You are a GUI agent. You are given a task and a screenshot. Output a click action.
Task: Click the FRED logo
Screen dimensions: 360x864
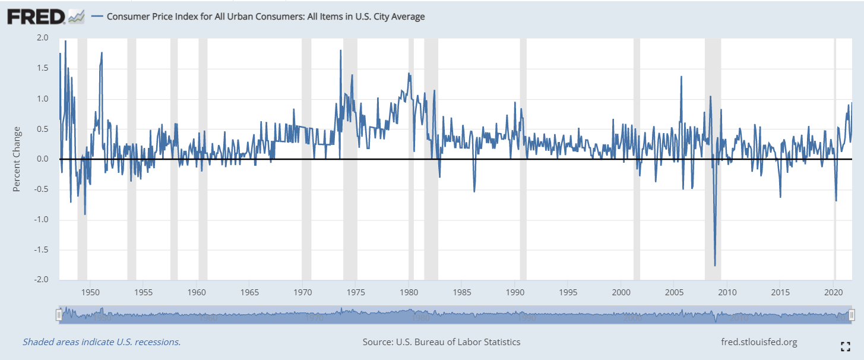pos(36,17)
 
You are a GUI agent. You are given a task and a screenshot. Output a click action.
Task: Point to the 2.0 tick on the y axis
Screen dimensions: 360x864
pos(42,37)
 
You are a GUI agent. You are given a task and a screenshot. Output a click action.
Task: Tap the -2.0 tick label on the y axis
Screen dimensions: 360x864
pos(41,280)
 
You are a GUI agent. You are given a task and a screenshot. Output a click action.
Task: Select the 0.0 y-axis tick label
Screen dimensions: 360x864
pos(42,159)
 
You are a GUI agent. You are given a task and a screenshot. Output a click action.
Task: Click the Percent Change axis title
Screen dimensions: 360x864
pos(17,159)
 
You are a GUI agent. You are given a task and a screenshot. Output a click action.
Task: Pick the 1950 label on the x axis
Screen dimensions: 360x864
pos(90,292)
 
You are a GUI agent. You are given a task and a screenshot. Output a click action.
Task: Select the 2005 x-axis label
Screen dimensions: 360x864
pos(674,292)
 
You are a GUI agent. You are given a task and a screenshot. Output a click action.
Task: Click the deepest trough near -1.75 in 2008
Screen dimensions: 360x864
pos(715,266)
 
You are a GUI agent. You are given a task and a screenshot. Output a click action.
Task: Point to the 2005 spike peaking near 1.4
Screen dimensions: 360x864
pos(681,77)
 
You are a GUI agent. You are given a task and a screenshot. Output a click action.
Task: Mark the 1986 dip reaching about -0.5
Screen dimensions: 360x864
pos(474,191)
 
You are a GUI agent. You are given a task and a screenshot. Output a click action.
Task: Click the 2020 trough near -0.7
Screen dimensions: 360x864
pos(836,201)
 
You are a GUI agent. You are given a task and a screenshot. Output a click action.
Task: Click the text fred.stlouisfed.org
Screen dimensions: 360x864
pos(758,342)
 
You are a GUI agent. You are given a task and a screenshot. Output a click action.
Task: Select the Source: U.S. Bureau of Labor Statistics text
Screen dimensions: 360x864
pos(441,342)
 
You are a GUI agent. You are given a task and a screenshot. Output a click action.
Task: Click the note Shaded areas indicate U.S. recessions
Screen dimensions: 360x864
pos(102,342)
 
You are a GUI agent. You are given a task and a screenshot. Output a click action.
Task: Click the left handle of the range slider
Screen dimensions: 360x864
pos(59,315)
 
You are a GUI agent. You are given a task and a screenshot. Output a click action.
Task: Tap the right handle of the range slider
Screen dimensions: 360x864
pos(852,315)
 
